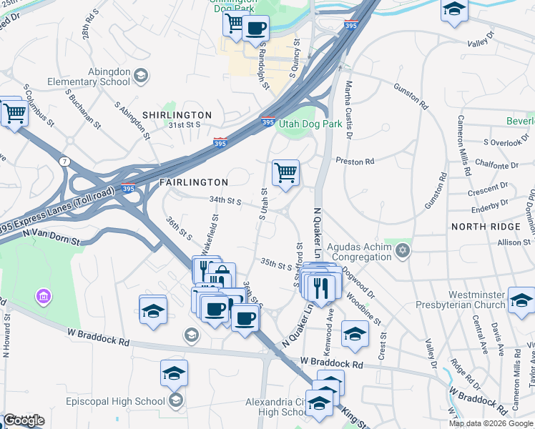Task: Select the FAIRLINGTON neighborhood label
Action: click(193, 182)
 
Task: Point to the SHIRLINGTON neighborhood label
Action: click(177, 115)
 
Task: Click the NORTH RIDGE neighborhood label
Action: click(486, 227)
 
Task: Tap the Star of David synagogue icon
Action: click(403, 250)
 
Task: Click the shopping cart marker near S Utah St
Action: click(285, 172)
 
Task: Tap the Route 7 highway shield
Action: click(65, 162)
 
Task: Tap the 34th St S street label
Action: click(225, 201)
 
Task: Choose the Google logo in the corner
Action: click(23, 420)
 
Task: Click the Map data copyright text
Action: click(491, 423)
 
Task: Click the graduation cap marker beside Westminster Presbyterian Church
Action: click(521, 300)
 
